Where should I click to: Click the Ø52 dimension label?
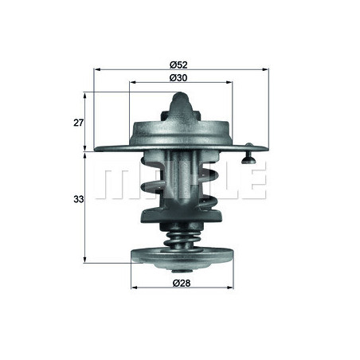pos(179,63)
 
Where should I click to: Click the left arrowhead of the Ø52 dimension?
pos(97,70)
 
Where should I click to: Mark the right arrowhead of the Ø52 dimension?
pos(266,70)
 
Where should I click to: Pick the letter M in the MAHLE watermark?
pos(115,183)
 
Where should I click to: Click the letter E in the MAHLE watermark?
pos(253,183)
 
